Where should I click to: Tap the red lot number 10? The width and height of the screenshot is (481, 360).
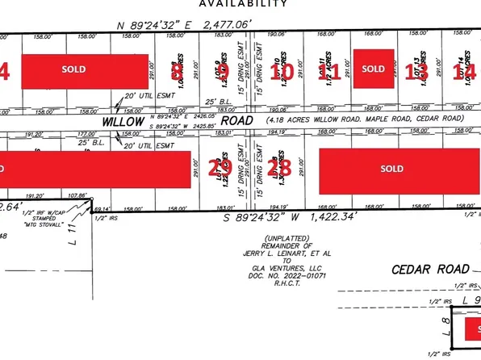tap(285, 72)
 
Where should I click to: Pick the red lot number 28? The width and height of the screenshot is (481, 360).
tap(279, 169)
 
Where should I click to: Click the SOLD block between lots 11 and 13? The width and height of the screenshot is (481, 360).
tap(374, 69)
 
